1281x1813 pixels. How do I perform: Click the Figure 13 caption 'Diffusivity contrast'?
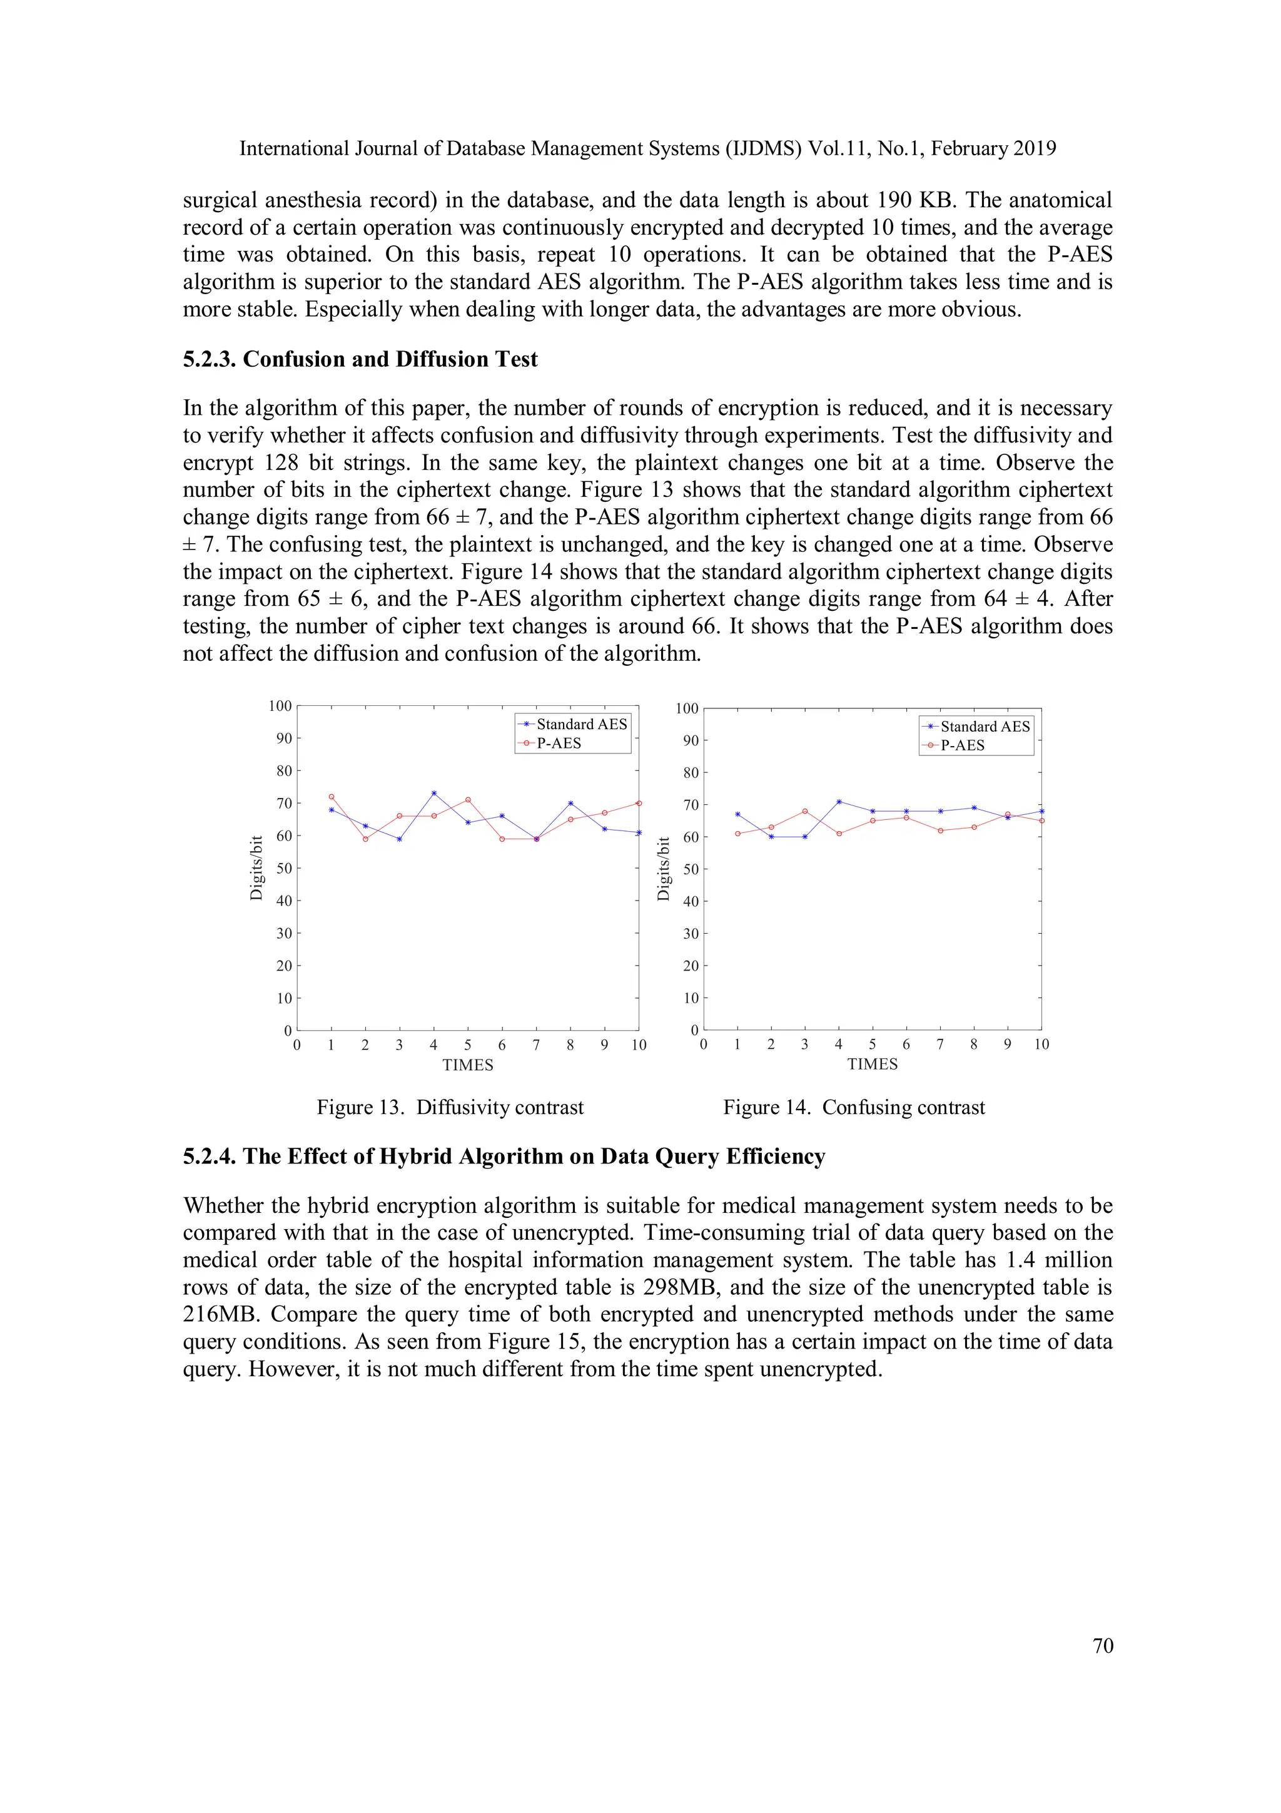point(500,1107)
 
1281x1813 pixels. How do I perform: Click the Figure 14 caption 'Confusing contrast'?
point(903,1107)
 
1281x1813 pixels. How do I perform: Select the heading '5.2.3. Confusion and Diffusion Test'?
point(360,359)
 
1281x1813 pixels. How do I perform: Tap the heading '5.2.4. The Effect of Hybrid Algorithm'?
point(504,1156)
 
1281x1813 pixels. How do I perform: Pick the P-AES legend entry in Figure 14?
point(962,745)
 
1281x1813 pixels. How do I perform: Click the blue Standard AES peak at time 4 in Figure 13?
point(433,793)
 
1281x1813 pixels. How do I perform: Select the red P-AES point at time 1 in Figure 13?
point(332,797)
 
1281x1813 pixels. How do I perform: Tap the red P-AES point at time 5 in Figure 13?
point(468,800)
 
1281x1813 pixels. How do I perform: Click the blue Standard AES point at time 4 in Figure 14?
point(839,802)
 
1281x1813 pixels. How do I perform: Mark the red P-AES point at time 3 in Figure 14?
point(805,811)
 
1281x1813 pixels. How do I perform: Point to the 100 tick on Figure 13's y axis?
point(280,705)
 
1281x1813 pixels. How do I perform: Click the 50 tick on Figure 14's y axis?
point(691,869)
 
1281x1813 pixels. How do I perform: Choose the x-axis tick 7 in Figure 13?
point(536,1044)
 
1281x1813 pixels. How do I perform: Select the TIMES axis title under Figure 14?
point(872,1064)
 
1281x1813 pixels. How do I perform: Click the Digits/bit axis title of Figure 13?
point(256,868)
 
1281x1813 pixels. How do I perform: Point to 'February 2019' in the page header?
point(993,148)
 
